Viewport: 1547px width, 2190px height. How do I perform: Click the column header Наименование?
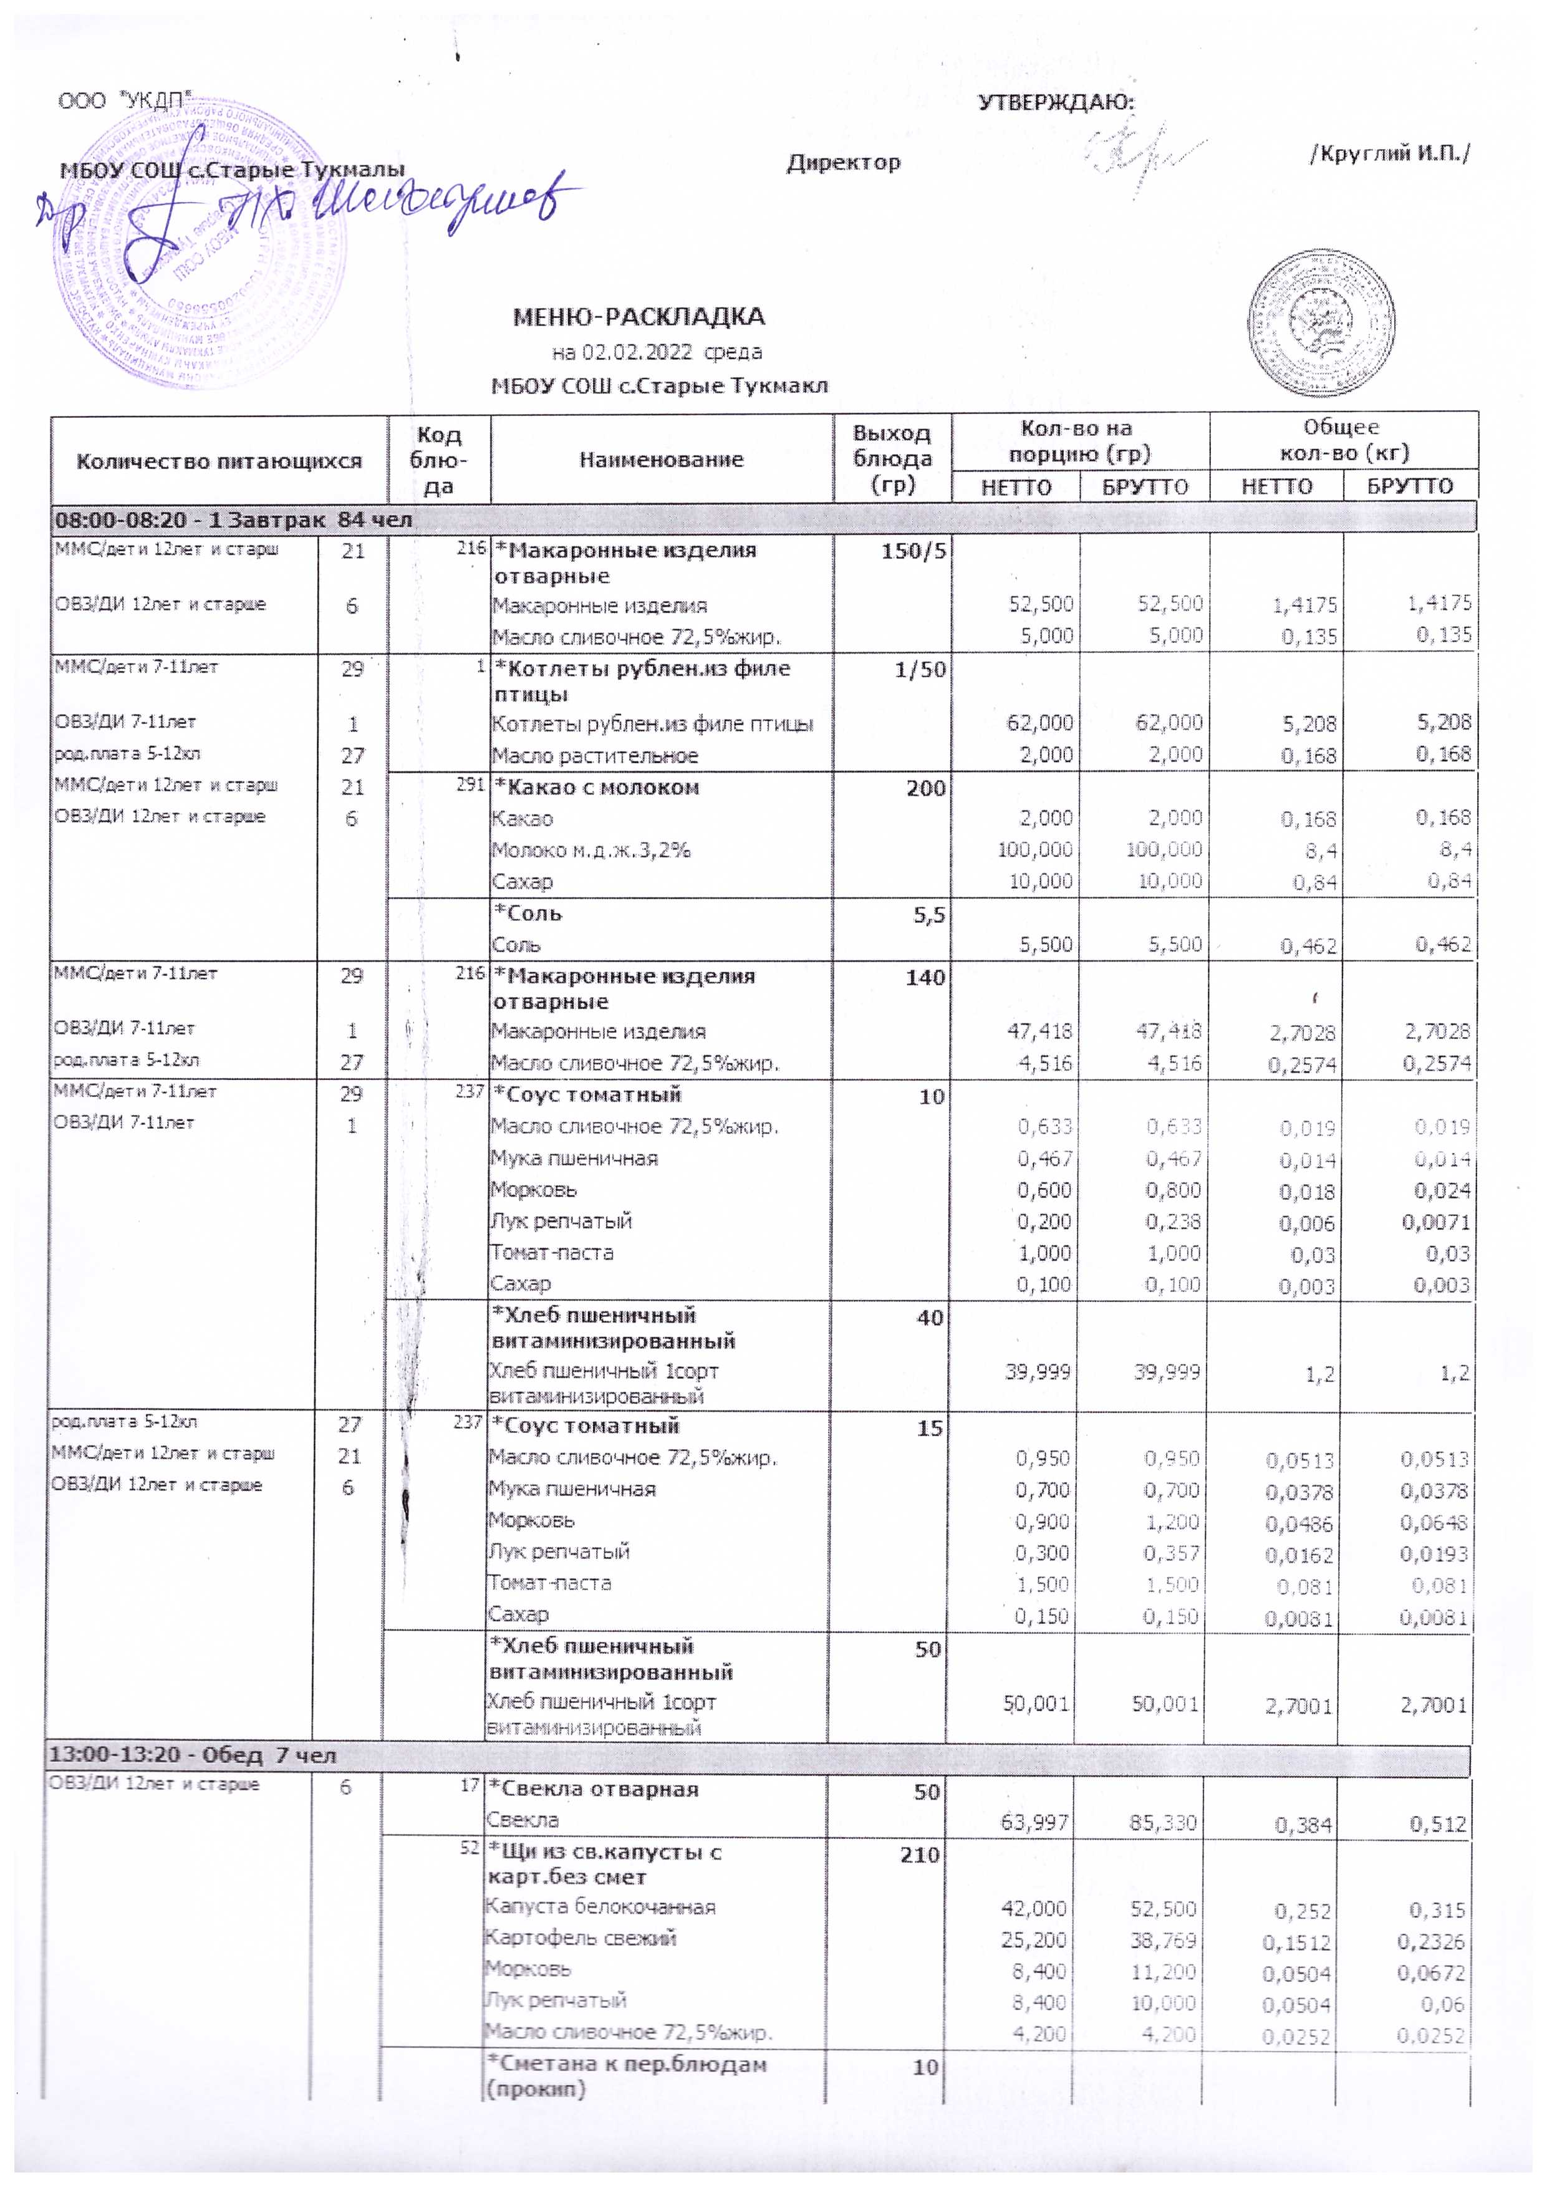click(661, 460)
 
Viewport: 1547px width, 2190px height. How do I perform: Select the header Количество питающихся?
click(219, 461)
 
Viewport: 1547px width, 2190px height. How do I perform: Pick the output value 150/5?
click(913, 551)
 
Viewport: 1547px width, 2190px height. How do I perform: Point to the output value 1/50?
click(920, 670)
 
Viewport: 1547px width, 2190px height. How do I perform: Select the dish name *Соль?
click(528, 914)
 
